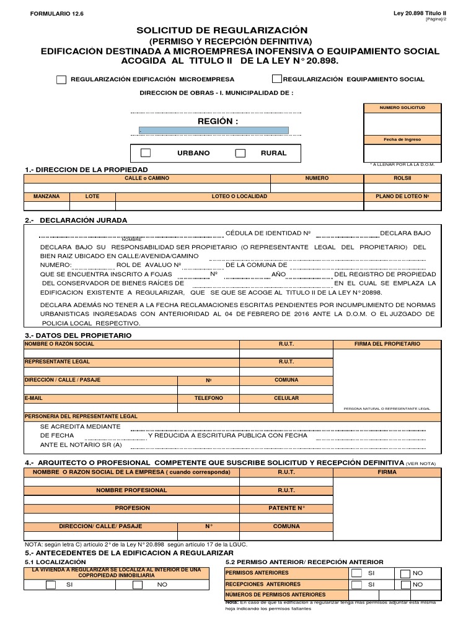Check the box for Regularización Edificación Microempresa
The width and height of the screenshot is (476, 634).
pyautogui.click(x=61, y=79)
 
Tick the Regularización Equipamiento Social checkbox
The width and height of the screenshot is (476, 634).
pyautogui.click(x=277, y=79)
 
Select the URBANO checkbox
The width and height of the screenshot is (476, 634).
pyautogui.click(x=146, y=153)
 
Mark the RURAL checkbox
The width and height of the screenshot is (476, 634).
pyautogui.click(x=240, y=153)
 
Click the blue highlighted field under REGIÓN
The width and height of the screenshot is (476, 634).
pyautogui.click(x=213, y=131)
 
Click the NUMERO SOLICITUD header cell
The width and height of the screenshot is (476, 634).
pyautogui.click(x=403, y=108)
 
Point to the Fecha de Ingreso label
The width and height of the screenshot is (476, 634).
pyautogui.click(x=403, y=139)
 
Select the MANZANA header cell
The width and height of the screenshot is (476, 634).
pyautogui.click(x=46, y=196)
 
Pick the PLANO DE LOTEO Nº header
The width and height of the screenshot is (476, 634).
pyautogui.click(x=403, y=196)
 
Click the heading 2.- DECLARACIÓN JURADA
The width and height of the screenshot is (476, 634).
pyautogui.click(x=76, y=220)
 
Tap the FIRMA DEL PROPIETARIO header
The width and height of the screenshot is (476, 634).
pyautogui.click(x=387, y=344)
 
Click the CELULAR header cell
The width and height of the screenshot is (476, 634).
pyautogui.click(x=286, y=398)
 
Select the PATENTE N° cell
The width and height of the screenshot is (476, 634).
pyautogui.click(x=286, y=508)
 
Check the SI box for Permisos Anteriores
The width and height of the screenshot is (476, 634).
pyautogui.click(x=356, y=573)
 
